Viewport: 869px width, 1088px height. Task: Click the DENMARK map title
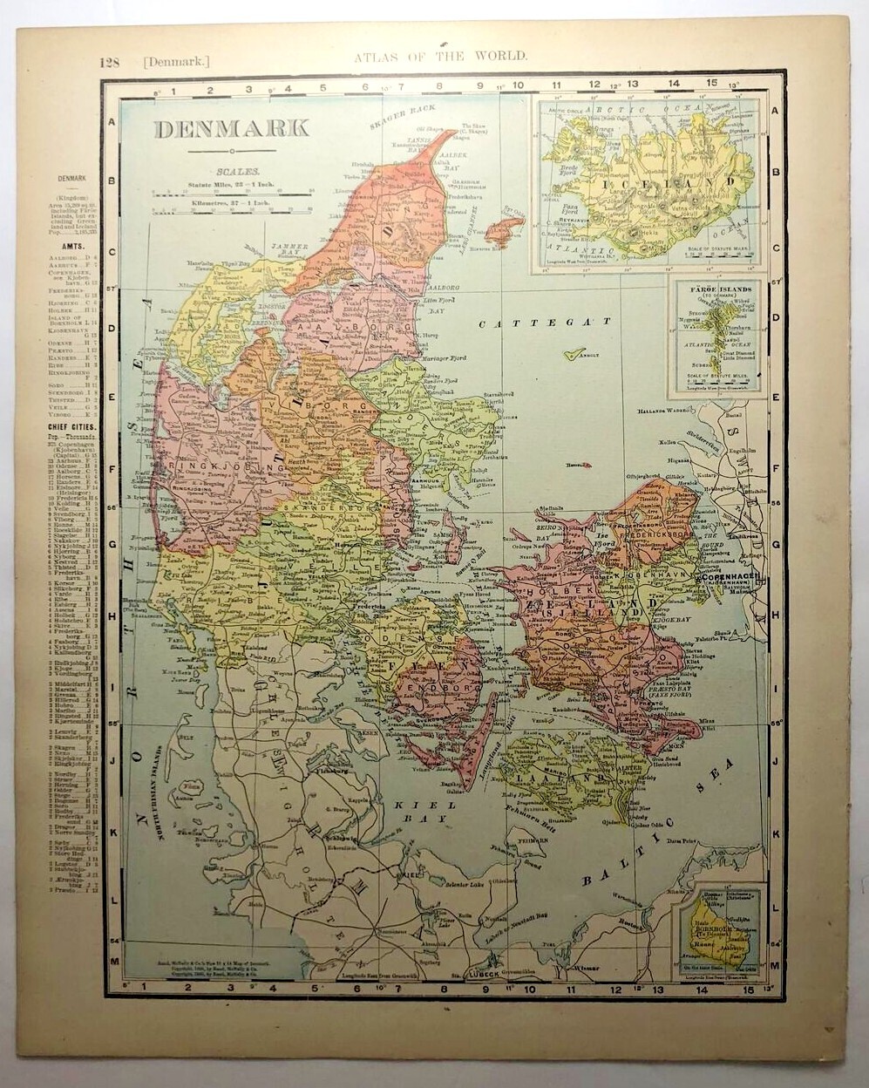click(x=231, y=128)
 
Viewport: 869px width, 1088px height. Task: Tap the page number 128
click(x=109, y=61)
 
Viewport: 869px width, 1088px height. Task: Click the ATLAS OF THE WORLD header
click(x=440, y=56)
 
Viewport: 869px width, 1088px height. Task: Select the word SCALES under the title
click(x=230, y=173)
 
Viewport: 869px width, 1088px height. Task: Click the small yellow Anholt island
click(x=573, y=355)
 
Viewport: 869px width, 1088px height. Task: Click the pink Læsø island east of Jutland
click(x=505, y=229)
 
